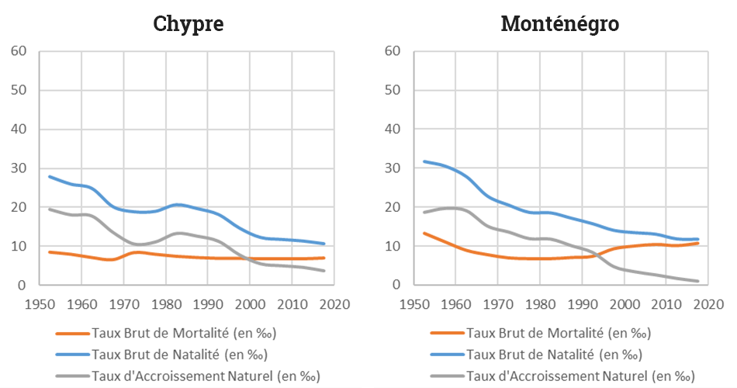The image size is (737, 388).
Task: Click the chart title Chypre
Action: (189, 24)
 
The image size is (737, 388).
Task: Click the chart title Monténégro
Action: (559, 24)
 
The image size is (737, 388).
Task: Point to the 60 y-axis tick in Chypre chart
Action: (19, 51)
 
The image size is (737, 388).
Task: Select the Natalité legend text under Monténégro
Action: (553, 355)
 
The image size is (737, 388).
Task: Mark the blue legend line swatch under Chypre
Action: (73, 355)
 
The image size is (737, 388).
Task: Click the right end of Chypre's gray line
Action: (324, 271)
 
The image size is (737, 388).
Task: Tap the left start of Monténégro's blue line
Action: (424, 161)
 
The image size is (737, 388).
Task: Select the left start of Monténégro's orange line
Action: (424, 233)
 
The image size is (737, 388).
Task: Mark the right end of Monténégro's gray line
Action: (698, 281)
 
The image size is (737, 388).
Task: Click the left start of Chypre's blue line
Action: (50, 176)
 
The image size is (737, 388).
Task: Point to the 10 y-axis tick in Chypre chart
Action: (19, 246)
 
